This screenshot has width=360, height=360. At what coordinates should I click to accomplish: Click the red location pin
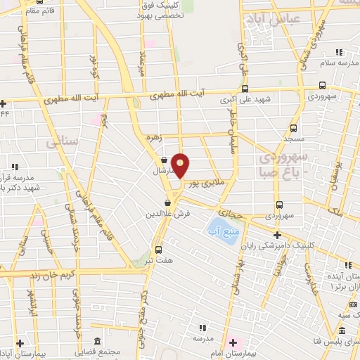pyautogui.click(x=181, y=165)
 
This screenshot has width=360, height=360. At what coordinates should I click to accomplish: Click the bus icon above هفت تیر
pyautogui.click(x=157, y=249)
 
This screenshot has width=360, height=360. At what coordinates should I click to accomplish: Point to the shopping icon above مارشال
pyautogui.click(x=163, y=160)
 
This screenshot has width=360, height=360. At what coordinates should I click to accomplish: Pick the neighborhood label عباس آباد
pyautogui.click(x=281, y=19)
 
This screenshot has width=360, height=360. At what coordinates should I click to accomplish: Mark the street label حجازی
pyautogui.click(x=230, y=210)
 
